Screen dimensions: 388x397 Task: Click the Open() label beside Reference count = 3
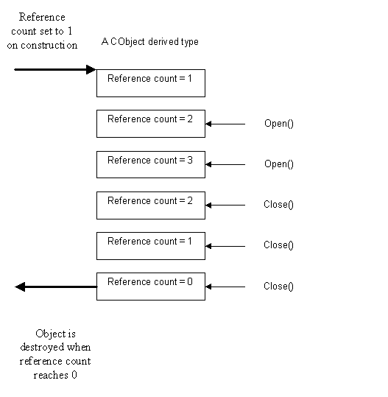point(279,164)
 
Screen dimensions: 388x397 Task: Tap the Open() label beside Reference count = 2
point(279,124)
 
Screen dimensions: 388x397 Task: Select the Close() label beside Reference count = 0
point(278,287)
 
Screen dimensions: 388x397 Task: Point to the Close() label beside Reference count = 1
point(278,245)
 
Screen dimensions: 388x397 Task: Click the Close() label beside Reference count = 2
point(278,205)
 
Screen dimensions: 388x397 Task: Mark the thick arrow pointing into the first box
point(55,70)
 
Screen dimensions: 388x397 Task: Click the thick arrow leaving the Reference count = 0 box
point(56,287)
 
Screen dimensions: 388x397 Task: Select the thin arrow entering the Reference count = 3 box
point(225,164)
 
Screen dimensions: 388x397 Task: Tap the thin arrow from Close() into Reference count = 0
point(225,287)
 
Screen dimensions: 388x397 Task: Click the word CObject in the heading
point(127,42)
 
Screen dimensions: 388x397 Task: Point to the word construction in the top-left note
point(49,46)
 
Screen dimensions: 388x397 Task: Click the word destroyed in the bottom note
point(42,347)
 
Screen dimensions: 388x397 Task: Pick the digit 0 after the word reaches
point(74,375)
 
